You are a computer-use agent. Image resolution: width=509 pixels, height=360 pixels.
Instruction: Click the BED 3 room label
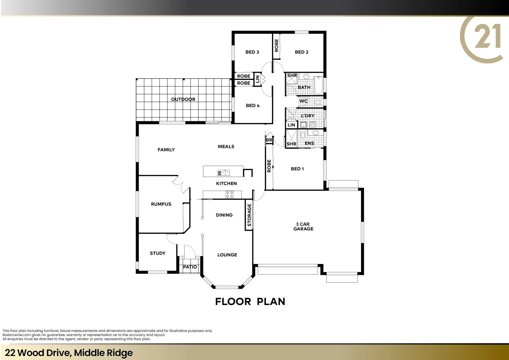click(x=252, y=52)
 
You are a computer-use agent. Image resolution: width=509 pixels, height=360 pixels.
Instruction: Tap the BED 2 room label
click(x=301, y=52)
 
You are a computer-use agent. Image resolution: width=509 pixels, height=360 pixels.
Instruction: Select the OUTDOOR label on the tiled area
click(x=183, y=99)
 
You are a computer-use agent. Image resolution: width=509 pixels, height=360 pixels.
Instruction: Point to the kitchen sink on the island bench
click(x=223, y=173)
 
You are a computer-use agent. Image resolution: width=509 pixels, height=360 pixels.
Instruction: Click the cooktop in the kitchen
click(x=229, y=195)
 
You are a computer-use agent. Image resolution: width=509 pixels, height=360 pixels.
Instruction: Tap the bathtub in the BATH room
click(x=318, y=86)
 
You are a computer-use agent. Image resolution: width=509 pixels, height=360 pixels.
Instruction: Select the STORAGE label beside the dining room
click(x=249, y=215)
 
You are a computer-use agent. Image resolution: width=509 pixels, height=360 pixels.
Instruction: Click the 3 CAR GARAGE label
click(x=303, y=227)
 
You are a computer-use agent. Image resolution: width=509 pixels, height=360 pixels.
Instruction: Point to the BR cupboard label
click(x=269, y=140)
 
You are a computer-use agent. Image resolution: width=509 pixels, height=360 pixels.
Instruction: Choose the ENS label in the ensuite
click(x=309, y=143)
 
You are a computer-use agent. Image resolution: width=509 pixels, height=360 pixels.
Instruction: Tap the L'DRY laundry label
click(x=307, y=116)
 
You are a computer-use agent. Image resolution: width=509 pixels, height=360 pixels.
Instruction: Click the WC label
click(x=303, y=101)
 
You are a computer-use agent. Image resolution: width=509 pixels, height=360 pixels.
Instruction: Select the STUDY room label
click(x=157, y=253)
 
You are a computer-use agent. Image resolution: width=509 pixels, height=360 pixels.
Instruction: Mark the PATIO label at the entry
click(x=190, y=267)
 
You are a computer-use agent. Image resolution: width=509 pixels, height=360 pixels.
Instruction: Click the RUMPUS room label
click(x=161, y=204)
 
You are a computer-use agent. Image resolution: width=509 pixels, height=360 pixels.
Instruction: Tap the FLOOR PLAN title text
click(x=250, y=302)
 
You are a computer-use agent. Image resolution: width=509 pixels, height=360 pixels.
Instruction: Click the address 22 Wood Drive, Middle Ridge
click(x=69, y=353)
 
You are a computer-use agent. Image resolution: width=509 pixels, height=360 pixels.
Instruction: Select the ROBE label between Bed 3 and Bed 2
click(x=276, y=45)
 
